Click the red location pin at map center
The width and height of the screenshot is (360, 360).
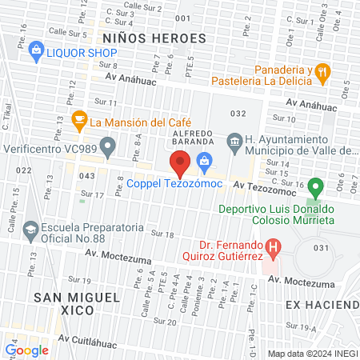[x=180, y=166]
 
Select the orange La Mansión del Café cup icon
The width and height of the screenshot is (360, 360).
[x=78, y=122]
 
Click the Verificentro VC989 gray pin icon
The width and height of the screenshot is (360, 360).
[x=110, y=146]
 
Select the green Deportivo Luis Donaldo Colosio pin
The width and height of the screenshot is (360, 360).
[x=315, y=189]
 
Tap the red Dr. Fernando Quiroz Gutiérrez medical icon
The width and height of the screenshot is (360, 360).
[x=274, y=248]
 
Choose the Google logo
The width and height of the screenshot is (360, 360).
[x=26, y=350]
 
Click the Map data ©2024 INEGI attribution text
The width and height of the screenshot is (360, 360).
[x=312, y=354]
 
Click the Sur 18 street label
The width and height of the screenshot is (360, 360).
[x=162, y=233]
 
